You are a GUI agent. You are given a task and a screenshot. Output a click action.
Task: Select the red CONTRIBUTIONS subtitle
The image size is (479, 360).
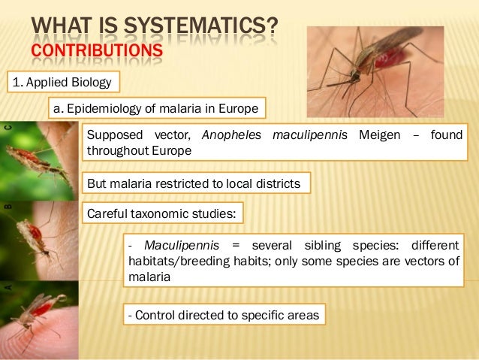96,51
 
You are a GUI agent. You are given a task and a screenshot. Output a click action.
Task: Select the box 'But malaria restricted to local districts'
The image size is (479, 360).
194,183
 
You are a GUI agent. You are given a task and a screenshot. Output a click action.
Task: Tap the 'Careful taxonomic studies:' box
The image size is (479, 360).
161,213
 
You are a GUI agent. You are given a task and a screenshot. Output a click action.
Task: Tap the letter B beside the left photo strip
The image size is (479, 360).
9,204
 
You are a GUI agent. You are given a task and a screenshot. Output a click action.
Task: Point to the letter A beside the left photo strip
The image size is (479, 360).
9,286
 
